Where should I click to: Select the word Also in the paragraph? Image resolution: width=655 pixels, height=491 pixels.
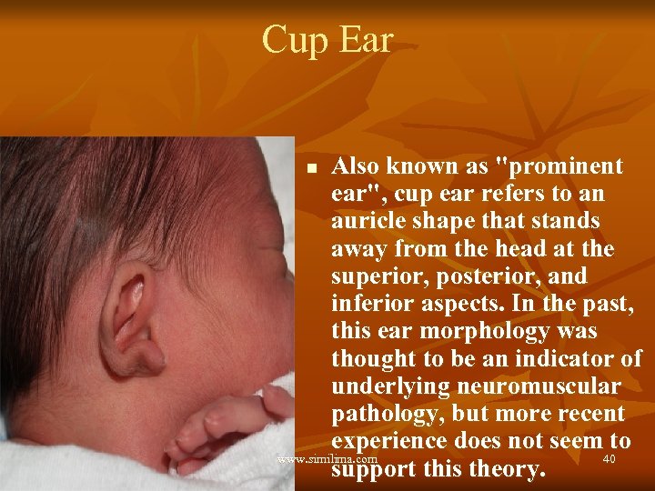[357, 166]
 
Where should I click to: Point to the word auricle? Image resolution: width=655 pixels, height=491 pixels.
[371, 222]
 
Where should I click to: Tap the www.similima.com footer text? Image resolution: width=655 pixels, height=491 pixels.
[326, 460]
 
